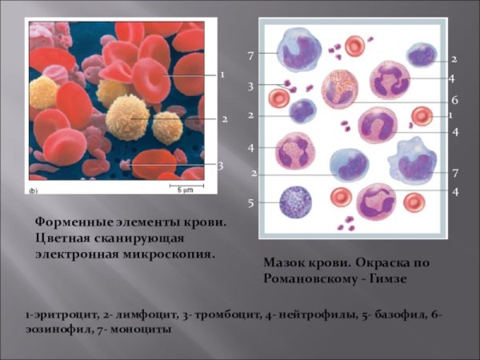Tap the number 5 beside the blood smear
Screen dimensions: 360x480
click(x=250, y=203)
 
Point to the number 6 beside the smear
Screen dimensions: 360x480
click(x=454, y=101)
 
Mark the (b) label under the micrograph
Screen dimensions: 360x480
click(x=34, y=192)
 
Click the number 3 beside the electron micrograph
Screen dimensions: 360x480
click(x=220, y=166)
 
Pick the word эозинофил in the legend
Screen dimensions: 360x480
click(x=57, y=328)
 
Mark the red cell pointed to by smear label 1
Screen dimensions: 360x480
click(x=422, y=117)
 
